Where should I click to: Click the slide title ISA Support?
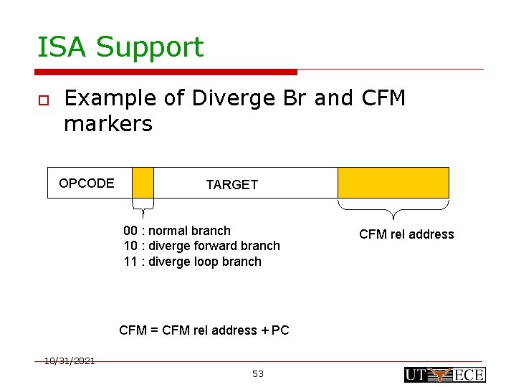[x=120, y=47]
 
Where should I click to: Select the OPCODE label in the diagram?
[x=86, y=183]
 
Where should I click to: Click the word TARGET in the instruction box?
[x=231, y=185]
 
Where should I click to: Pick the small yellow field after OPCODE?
[x=143, y=183]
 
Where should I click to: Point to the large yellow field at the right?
[x=393, y=183]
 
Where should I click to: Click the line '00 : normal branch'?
[x=177, y=231]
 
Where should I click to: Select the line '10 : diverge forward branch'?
[x=201, y=246]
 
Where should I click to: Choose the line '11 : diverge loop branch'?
[x=192, y=262]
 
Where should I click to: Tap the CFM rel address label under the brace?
[x=406, y=234]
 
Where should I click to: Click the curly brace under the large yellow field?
[x=393, y=209]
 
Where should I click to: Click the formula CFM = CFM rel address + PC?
[x=204, y=330]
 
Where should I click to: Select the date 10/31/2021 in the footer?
[x=70, y=361]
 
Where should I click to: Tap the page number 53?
[x=258, y=374]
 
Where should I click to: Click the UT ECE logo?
[x=444, y=374]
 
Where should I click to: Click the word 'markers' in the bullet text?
[x=108, y=124]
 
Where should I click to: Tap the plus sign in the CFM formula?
[x=264, y=330]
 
